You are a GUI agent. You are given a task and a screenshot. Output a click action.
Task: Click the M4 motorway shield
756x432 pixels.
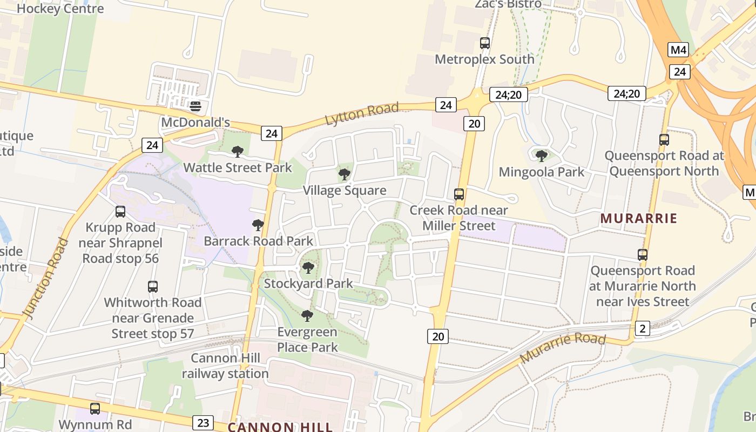click(679, 50)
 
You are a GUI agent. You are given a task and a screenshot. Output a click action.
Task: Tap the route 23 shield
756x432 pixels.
click(203, 422)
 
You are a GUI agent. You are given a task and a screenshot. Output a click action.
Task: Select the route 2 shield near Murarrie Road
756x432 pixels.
click(642, 328)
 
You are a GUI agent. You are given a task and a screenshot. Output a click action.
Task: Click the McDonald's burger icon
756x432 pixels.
click(195, 106)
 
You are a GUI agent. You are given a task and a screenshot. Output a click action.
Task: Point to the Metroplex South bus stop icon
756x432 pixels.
click(485, 43)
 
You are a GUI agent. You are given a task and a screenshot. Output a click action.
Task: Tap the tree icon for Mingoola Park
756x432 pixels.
click(542, 156)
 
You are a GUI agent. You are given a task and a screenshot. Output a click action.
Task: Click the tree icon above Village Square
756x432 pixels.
click(345, 174)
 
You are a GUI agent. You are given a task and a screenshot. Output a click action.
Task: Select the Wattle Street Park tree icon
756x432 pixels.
click(238, 152)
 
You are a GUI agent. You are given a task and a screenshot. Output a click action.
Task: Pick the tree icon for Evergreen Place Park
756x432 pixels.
click(307, 316)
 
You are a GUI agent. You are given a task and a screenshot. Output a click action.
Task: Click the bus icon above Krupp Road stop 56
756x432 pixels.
click(120, 212)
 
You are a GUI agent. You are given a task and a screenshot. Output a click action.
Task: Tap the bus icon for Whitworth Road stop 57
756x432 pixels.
click(153, 287)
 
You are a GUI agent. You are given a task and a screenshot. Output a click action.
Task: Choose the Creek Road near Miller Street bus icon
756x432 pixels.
click(459, 194)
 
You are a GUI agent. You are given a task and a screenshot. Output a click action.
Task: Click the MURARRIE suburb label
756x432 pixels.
click(639, 219)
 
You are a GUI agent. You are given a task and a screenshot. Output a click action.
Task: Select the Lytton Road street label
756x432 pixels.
click(362, 114)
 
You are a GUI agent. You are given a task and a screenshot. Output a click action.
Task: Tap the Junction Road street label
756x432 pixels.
click(46, 276)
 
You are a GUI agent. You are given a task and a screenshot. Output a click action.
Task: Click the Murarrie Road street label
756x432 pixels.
click(562, 348)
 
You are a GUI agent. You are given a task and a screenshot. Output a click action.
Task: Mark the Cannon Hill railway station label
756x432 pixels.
click(225, 366)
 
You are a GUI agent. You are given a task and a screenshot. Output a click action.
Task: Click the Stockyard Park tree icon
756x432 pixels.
click(308, 268)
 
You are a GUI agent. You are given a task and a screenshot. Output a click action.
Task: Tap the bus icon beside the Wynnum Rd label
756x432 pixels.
click(95, 409)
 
